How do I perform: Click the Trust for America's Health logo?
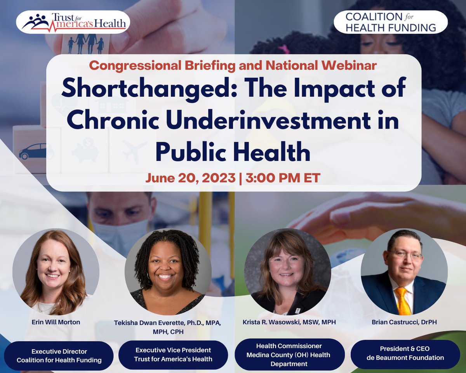[x=73, y=22]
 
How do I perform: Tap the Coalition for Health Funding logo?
[x=390, y=22]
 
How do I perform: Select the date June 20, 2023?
[x=190, y=178]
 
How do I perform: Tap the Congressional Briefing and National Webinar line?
[x=233, y=65]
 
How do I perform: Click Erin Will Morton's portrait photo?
[x=56, y=272]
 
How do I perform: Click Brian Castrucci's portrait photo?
[x=404, y=272]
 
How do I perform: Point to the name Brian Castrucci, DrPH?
[x=404, y=322]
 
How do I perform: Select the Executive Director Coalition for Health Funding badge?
[x=59, y=356]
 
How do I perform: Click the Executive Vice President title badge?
[x=173, y=355]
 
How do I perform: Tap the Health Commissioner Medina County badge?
[x=289, y=355]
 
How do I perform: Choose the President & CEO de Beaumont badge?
[x=405, y=353]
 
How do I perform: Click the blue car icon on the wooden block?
[x=34, y=152]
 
